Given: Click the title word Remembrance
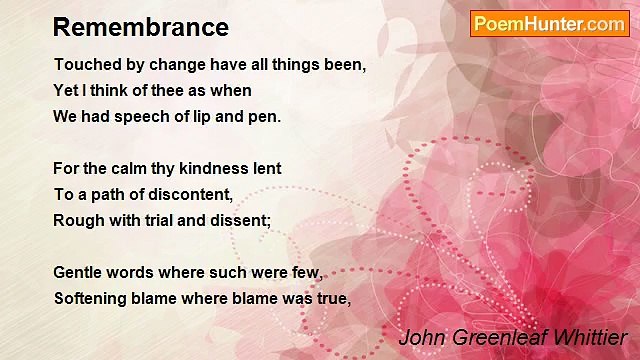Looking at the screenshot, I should (x=141, y=27).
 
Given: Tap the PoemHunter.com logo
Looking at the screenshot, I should (x=549, y=23).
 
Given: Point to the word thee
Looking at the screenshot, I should (x=173, y=90).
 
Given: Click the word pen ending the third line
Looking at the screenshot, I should (x=267, y=116).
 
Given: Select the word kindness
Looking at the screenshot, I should (x=220, y=168).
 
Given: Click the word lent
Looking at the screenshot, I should (x=267, y=168).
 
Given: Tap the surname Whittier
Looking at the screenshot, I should (x=590, y=337).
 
